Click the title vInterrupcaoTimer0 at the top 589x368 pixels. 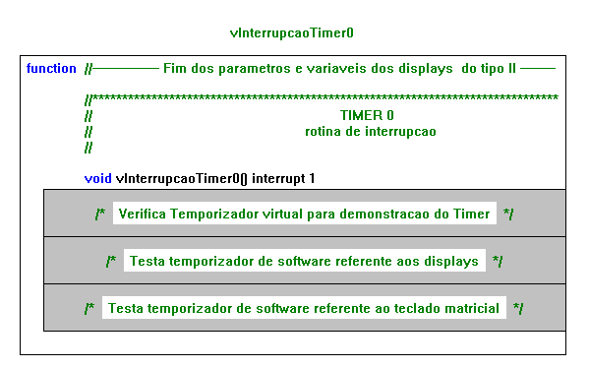pos(291,33)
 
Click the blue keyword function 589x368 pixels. pos(51,69)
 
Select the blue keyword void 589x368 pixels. pos(97,178)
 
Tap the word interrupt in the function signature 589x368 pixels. pos(278,178)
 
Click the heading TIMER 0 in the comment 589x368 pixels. pos(367,115)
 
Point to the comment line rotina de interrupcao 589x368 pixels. pos(371,132)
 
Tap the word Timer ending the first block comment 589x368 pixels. pos(471,214)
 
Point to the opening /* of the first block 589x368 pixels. pos(100,214)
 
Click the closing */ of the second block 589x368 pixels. pos(498,262)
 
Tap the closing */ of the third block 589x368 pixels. pos(518,309)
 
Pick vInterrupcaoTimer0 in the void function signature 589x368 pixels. pos(177,178)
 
